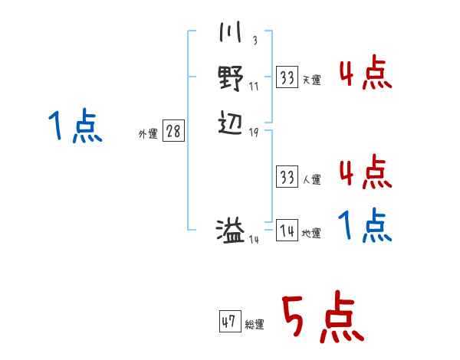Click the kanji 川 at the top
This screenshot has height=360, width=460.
pos(230,34)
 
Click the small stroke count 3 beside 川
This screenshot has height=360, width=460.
pos(254,41)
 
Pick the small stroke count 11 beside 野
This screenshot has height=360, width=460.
pos(254,86)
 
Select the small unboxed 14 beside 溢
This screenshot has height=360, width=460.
pos(254,240)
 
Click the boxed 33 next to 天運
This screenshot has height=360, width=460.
pos(287,77)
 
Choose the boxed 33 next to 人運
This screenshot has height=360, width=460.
pos(287,177)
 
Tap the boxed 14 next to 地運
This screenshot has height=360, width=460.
pos(287,230)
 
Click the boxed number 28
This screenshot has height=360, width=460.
pos(173,131)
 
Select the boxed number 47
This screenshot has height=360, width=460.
pos(229,322)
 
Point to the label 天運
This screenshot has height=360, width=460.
pos(312,80)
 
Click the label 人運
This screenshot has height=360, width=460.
pos(312,180)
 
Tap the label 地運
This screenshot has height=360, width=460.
pos(312,233)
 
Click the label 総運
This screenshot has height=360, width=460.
pos(255,325)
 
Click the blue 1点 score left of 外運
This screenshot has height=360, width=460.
pos(74,126)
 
